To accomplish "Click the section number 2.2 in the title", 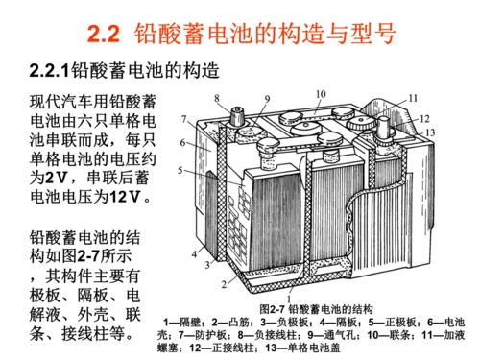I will (103, 36).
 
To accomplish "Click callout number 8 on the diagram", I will (217, 98).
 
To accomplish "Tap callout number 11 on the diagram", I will (413, 98).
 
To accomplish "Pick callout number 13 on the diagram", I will (432, 132).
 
